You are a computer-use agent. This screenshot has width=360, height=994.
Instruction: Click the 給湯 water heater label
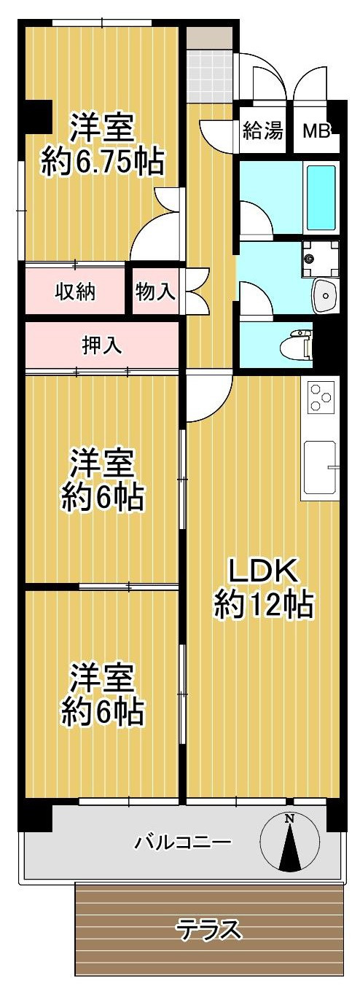[x=263, y=131]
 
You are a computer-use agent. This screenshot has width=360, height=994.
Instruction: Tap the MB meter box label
[x=316, y=131]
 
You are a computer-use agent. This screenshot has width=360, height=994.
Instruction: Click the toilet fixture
[x=300, y=343]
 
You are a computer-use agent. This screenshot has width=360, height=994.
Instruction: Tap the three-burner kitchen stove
[x=321, y=399]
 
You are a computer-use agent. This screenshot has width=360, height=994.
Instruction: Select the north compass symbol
[x=290, y=842]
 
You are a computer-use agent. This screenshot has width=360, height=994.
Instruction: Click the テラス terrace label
[x=209, y=929]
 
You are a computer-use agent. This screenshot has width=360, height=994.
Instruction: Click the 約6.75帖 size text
[x=102, y=162]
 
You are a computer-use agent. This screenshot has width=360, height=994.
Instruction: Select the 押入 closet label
[x=102, y=345]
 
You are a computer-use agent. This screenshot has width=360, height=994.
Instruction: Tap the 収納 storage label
[x=77, y=291]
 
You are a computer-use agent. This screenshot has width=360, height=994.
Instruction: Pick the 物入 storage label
[x=155, y=291]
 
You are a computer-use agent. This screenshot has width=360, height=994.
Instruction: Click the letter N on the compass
[x=290, y=819]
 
